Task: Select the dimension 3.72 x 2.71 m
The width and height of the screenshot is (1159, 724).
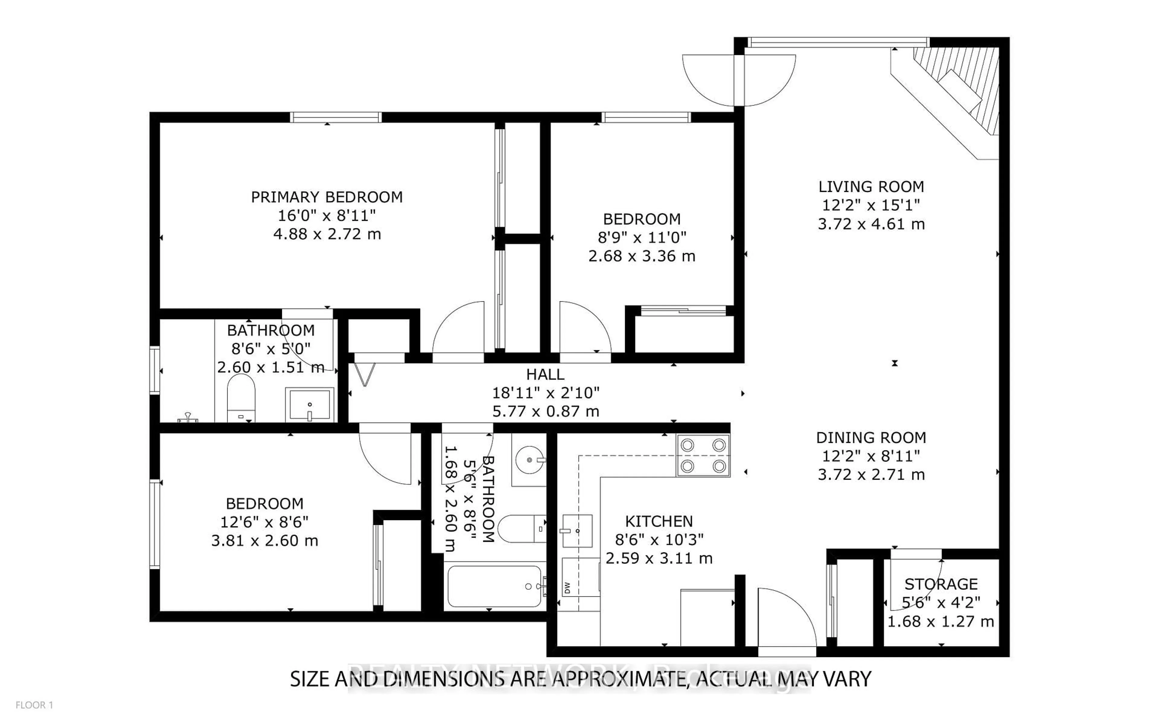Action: tap(871, 475)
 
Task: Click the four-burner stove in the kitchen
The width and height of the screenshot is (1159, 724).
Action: tap(703, 456)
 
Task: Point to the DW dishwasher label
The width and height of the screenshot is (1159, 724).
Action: tap(567, 588)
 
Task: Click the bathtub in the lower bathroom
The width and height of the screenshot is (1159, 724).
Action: tap(494, 586)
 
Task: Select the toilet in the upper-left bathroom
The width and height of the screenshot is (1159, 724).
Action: tap(241, 397)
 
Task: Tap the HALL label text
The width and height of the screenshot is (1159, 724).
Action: tap(545, 374)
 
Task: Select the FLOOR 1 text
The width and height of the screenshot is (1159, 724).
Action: tap(34, 705)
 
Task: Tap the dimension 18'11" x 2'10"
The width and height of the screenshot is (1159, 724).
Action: tap(545, 393)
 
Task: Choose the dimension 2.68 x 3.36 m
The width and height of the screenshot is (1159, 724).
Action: tap(641, 256)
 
